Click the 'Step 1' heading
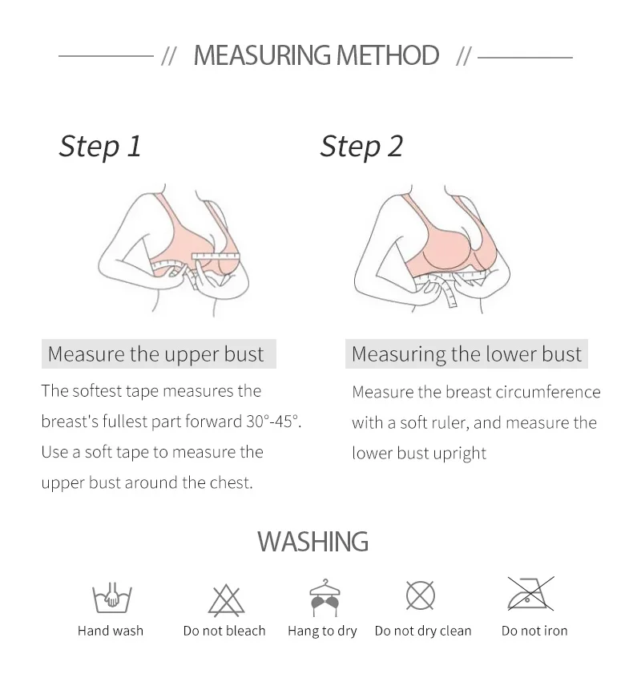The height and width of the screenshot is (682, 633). [x=100, y=147]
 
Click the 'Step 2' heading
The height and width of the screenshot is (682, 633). [x=361, y=147]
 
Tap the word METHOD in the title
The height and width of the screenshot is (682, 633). [x=387, y=55]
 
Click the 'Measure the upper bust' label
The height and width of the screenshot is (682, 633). [x=155, y=354]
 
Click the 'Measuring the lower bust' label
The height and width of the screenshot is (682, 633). [x=466, y=354]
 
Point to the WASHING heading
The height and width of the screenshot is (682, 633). [x=313, y=542]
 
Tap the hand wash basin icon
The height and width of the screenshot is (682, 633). [x=111, y=597]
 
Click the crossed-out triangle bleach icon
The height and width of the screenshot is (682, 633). [x=226, y=601]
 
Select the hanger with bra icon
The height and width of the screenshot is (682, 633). [x=325, y=598]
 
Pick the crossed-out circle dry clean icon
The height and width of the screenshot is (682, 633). [x=420, y=595]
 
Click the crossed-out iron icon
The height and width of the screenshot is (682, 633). [x=530, y=594]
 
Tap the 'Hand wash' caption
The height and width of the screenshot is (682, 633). [x=111, y=631]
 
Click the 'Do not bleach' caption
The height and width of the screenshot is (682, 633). [x=224, y=631]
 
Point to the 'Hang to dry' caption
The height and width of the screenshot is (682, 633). [x=322, y=632]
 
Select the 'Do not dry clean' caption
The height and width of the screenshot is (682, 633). [x=423, y=632]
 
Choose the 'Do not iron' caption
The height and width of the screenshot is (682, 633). [x=534, y=631]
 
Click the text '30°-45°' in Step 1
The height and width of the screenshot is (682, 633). [x=273, y=421]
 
